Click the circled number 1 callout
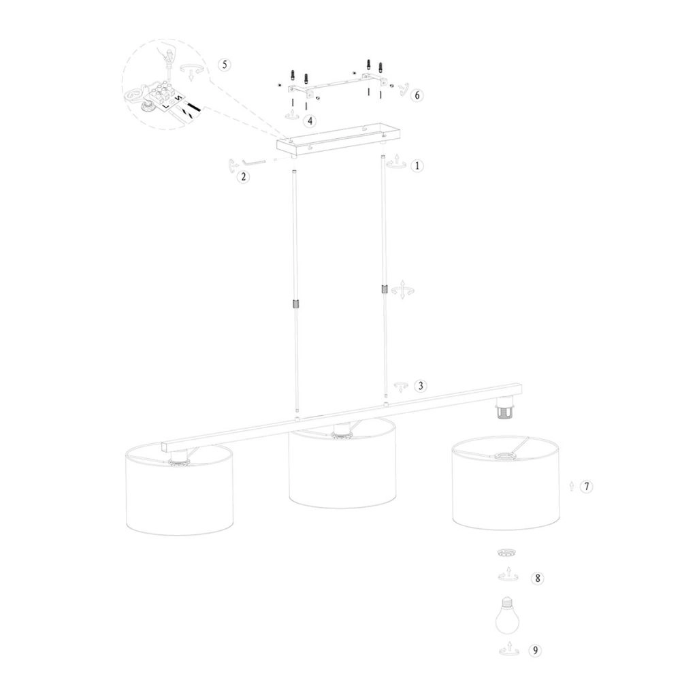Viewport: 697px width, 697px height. click(417, 165)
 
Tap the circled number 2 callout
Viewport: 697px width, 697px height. click(242, 177)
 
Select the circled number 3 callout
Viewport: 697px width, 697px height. click(421, 386)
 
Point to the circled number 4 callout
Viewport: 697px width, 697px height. click(310, 120)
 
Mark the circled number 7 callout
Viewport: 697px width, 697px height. click(587, 486)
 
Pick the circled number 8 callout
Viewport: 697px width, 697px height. click(537, 579)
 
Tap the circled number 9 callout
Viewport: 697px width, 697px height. click(537, 651)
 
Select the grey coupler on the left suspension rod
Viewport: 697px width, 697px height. click(296, 304)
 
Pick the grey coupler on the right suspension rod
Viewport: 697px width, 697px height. click(385, 289)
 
